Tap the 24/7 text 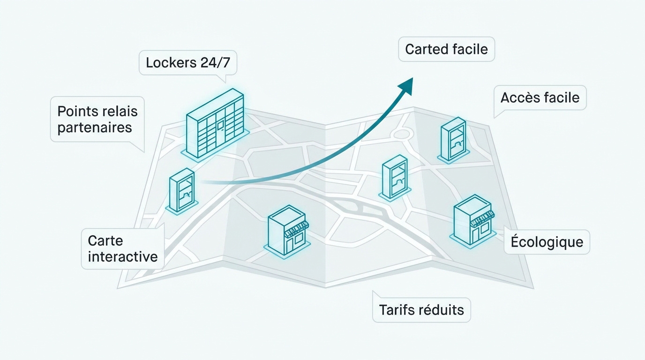pos(215,62)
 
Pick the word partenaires pos(95,127)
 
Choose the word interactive pos(123,256)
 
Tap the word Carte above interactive pos(105,240)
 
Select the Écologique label pos(547,241)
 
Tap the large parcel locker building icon pos(215,124)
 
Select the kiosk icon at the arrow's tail pos(182,192)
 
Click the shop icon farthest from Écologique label pos(287,232)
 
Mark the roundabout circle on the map pos(402,134)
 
